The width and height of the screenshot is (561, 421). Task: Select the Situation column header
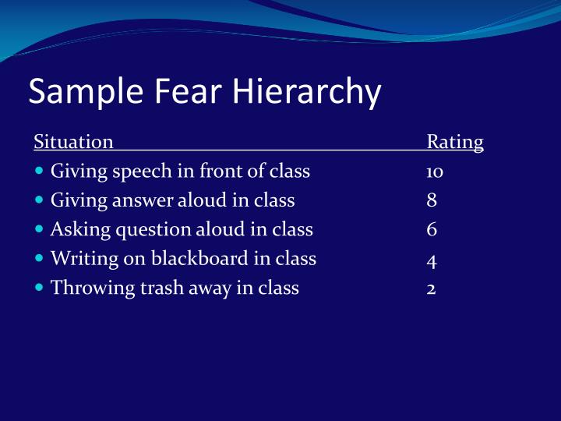74,142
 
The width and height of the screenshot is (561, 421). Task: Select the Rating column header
455,142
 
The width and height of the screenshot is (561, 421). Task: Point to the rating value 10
435,172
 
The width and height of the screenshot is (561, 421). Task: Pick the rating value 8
432,200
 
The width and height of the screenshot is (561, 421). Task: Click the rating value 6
432,229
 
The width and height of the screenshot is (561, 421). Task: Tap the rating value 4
432,259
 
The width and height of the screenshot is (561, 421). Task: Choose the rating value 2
432,288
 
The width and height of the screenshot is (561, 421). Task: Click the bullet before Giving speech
40,171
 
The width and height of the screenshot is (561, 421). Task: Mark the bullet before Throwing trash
40,287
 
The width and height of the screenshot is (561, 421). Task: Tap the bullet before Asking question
40,229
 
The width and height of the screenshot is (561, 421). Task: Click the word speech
126,172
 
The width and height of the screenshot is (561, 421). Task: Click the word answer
144,200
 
